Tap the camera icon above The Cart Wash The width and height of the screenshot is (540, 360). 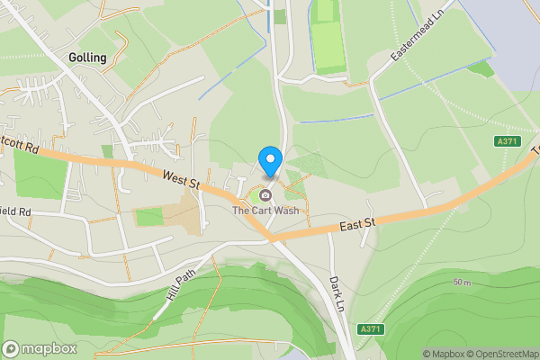pyautogui.click(x=266, y=195)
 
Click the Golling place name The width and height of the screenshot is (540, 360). pyautogui.click(x=87, y=58)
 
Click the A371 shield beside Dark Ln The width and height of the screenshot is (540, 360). pyautogui.click(x=370, y=328)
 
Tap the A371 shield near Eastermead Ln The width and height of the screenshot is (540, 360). pyautogui.click(x=508, y=141)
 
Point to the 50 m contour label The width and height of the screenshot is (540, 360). pyautogui.click(x=463, y=283)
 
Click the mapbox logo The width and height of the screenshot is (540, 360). pyautogui.click(x=40, y=348)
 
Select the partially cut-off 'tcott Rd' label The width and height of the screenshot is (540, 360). pyautogui.click(x=19, y=144)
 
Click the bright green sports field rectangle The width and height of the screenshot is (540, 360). pyautogui.click(x=326, y=40)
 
